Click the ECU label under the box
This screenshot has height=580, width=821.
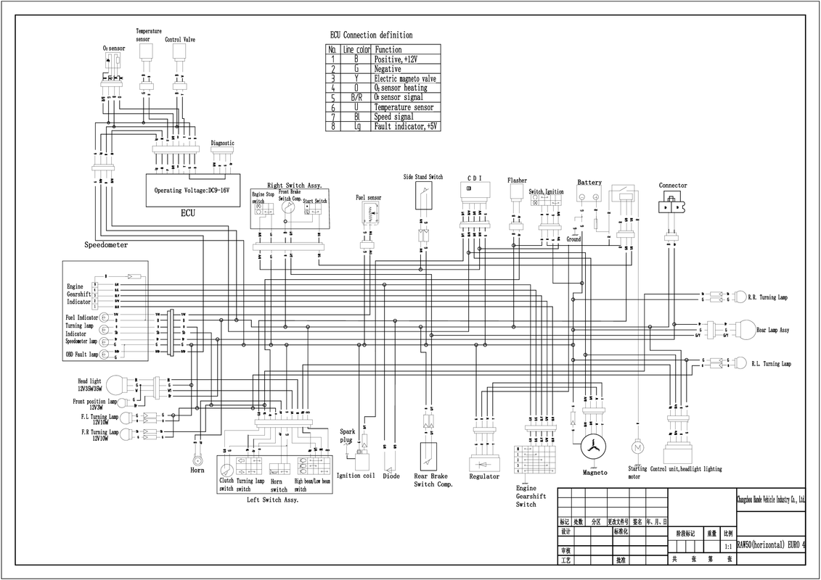[188, 214]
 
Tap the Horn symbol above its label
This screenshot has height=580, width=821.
[196, 460]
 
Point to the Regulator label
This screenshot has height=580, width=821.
[484, 476]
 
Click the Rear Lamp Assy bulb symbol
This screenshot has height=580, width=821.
[746, 330]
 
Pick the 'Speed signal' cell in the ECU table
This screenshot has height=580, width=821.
[393, 117]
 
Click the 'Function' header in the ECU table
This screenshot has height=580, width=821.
[388, 50]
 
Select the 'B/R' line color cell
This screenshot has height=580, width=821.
[356, 97]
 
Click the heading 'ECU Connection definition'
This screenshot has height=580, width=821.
[371, 35]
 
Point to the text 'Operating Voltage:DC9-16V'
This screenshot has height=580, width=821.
[192, 191]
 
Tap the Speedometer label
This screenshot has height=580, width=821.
[106, 245]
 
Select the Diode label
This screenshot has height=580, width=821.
[391, 476]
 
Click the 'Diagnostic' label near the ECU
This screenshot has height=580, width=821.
[222, 144]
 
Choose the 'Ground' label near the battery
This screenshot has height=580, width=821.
[573, 239]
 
